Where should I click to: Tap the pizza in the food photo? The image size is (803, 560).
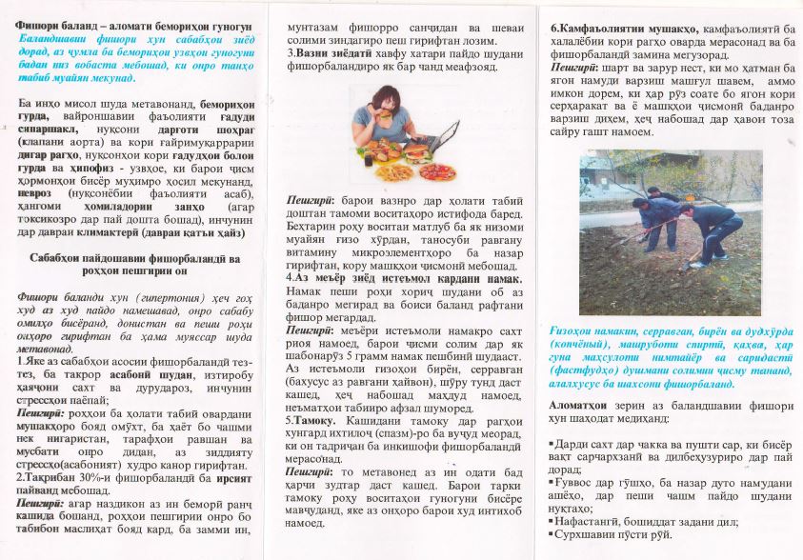[x=437, y=171]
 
